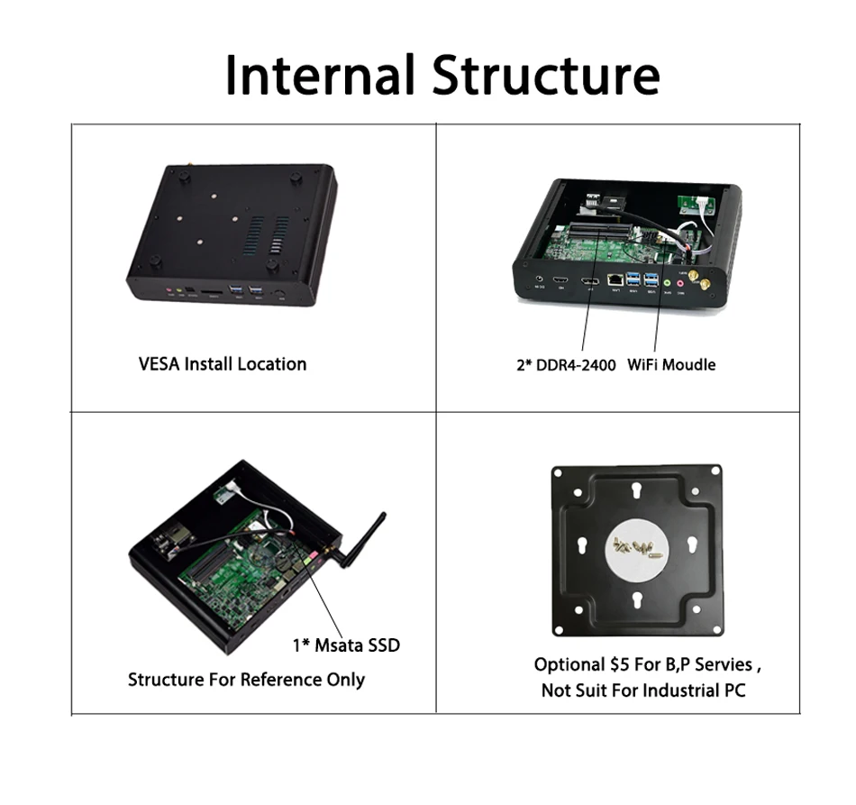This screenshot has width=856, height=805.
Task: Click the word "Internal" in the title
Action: (321, 75)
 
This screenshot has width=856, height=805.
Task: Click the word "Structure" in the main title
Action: (545, 75)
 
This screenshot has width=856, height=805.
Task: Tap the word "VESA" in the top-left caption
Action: (159, 364)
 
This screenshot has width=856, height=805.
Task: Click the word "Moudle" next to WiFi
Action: (692, 365)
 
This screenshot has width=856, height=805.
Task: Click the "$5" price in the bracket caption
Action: (618, 665)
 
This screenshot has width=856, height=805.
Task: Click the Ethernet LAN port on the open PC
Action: (616, 280)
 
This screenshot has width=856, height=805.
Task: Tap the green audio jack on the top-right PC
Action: (667, 281)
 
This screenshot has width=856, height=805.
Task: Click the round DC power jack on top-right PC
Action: (539, 280)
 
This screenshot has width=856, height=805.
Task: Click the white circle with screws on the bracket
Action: (636, 546)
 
